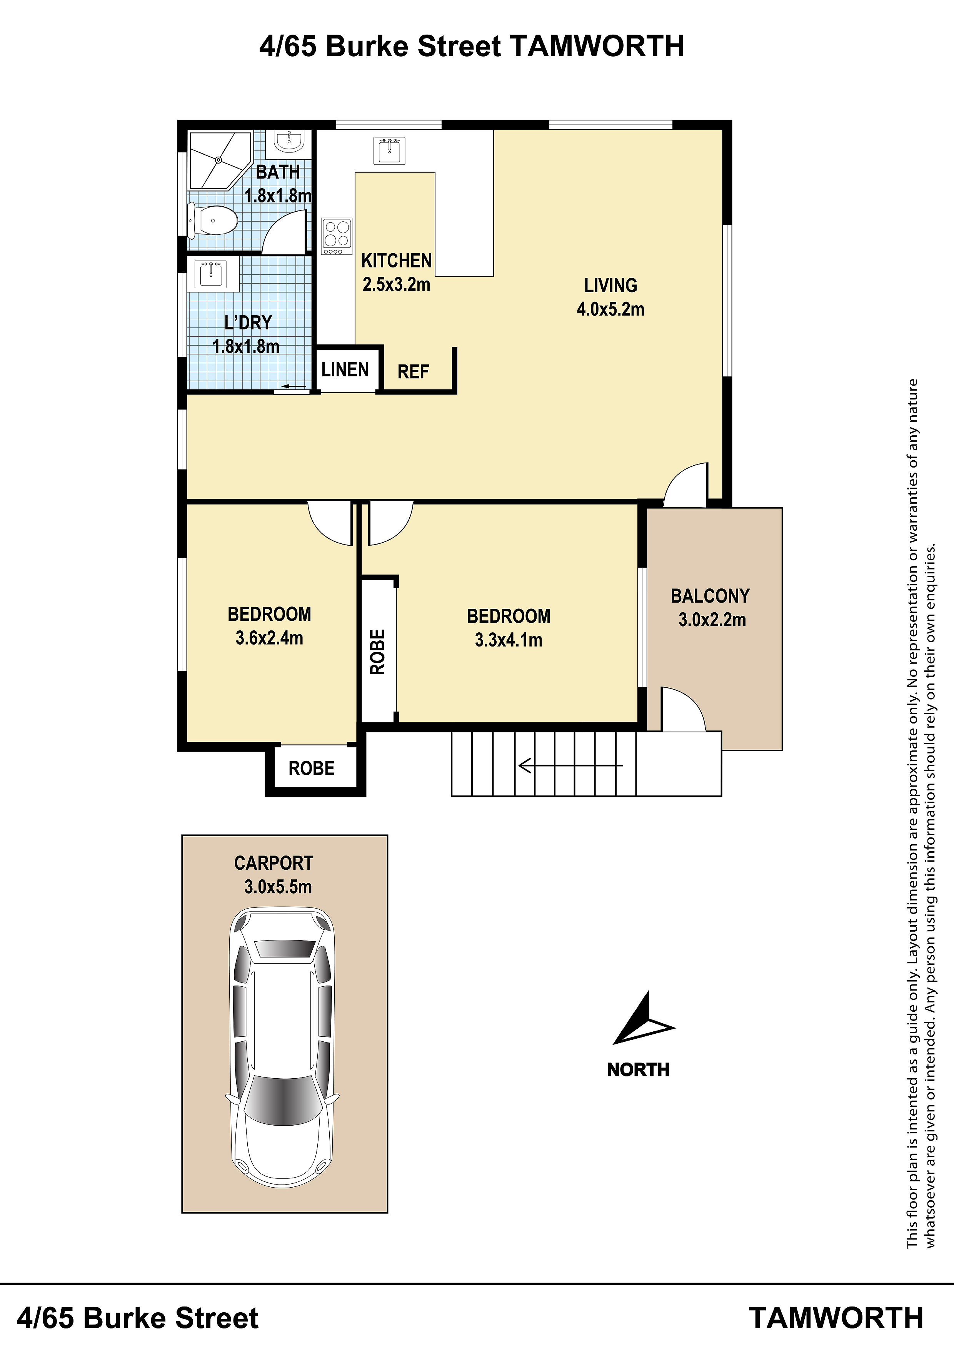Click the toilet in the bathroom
212,221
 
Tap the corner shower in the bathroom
218,160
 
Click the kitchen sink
389,150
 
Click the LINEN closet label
345,369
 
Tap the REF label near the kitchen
413,372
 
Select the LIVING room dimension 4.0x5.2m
611,309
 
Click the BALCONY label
710,596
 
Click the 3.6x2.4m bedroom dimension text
269,638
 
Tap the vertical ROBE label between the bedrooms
377,652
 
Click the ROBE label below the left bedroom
312,768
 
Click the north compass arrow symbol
644,1018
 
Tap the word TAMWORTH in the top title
597,46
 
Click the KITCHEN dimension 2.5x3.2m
396,284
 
